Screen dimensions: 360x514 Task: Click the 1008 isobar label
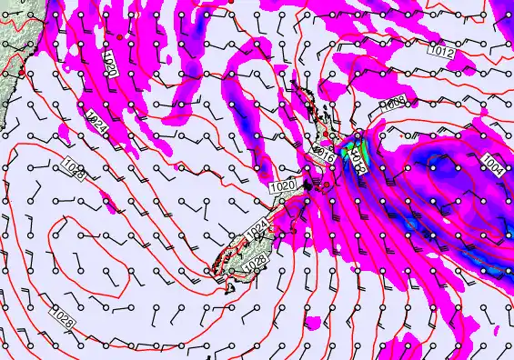[394, 104]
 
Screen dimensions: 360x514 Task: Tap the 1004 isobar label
[492, 165]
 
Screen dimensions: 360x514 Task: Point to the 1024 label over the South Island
[258, 231]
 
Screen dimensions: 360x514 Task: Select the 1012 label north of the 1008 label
[441, 53]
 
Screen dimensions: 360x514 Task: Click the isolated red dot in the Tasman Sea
[119, 36]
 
